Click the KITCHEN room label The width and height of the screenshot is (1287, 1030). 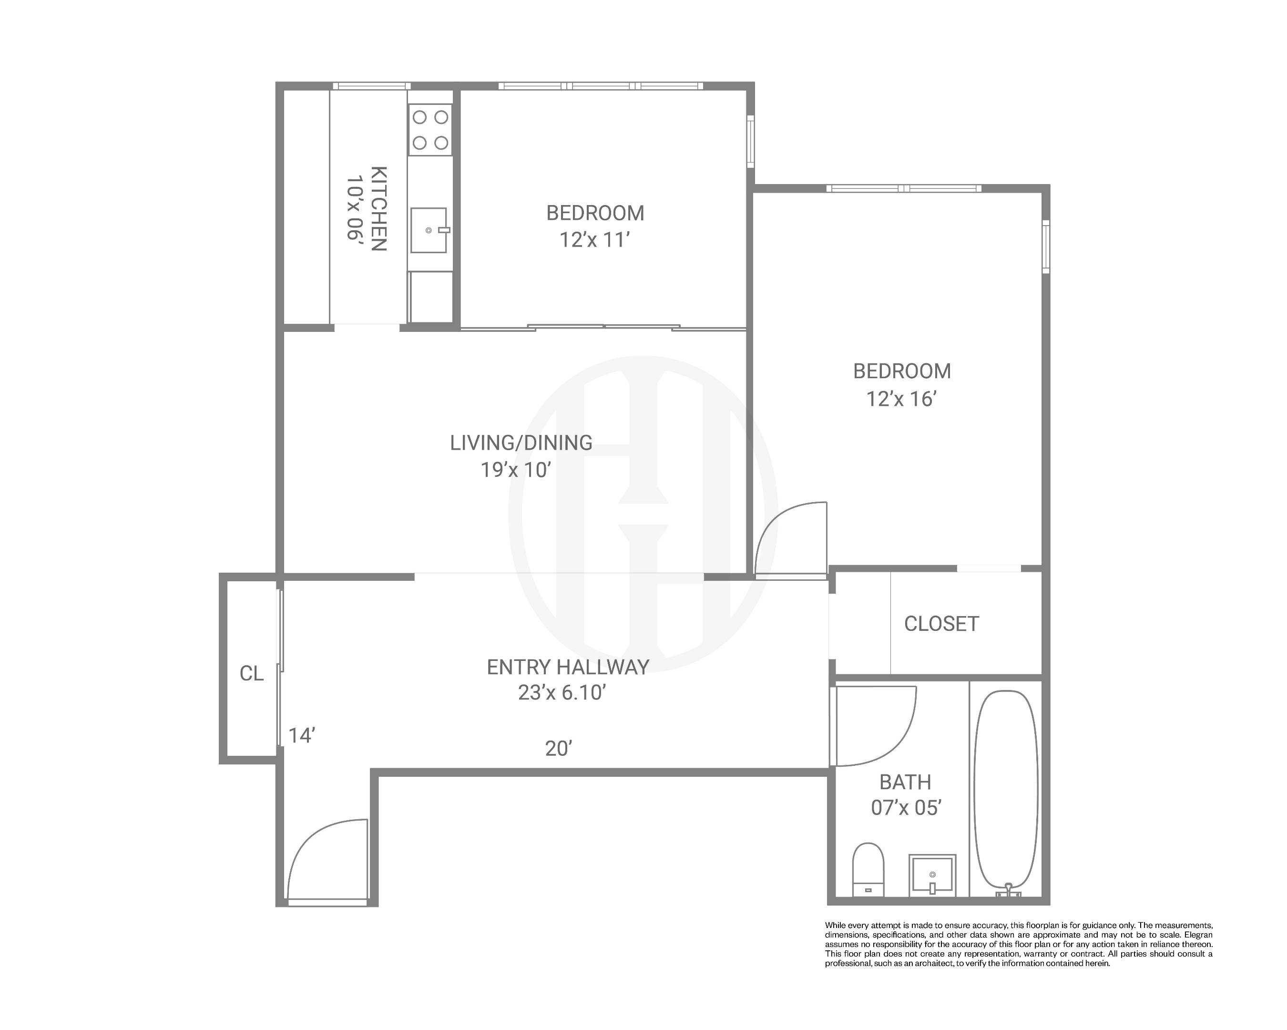pyautogui.click(x=379, y=208)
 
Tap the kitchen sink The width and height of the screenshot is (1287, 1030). pyautogui.click(x=429, y=230)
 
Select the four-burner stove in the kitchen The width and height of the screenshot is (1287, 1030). pyautogui.click(x=430, y=130)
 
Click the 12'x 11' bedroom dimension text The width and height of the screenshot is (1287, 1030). pyautogui.click(x=595, y=240)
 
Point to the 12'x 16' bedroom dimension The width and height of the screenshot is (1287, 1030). pyautogui.click(x=901, y=399)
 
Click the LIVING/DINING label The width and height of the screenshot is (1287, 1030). pyautogui.click(x=521, y=443)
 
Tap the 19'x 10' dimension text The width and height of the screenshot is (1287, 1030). pyautogui.click(x=515, y=471)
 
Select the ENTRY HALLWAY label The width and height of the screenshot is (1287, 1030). pyautogui.click(x=568, y=667)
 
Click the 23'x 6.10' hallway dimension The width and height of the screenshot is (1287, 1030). pyautogui.click(x=562, y=693)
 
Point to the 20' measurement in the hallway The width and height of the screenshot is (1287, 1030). pyautogui.click(x=559, y=749)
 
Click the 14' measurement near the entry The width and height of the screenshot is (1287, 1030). pyautogui.click(x=301, y=736)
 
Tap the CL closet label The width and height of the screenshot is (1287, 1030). pyautogui.click(x=251, y=673)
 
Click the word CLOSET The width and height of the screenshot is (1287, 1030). pyautogui.click(x=941, y=624)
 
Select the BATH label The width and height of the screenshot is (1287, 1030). pyautogui.click(x=905, y=782)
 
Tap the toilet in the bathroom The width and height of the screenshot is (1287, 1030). pyautogui.click(x=868, y=869)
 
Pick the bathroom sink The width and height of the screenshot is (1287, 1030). pyautogui.click(x=932, y=875)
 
